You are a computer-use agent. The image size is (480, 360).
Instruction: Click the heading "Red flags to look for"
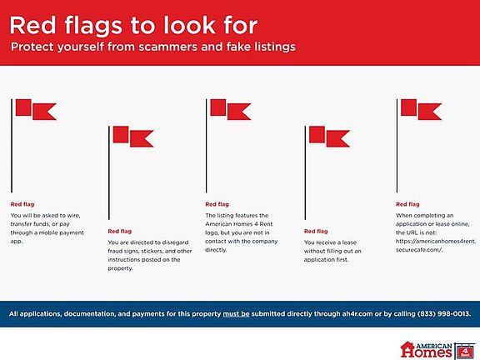click(x=133, y=26)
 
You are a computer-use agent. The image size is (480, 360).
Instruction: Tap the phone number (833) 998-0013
click(x=443, y=314)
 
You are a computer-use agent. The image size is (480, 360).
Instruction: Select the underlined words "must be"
click(x=236, y=314)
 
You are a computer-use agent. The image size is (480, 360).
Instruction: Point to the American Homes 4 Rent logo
click(x=437, y=350)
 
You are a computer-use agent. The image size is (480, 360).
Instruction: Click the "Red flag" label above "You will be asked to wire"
click(x=22, y=204)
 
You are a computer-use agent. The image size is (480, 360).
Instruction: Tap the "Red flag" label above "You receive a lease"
click(x=316, y=231)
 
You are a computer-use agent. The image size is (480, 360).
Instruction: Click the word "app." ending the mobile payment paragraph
click(x=17, y=242)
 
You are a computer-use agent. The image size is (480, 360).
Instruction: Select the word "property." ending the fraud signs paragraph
click(x=120, y=268)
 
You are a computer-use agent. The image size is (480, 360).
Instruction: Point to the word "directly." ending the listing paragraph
click(x=216, y=250)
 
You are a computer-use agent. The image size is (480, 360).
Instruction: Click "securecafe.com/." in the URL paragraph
click(x=419, y=250)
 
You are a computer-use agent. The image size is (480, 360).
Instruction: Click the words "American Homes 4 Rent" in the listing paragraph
click(x=239, y=224)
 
